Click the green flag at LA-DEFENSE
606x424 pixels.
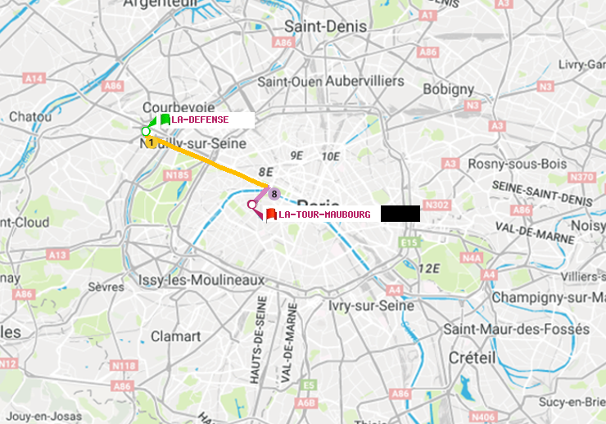point(165,120)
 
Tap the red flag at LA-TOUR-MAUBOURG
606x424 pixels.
point(270,214)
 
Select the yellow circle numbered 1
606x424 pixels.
point(151,142)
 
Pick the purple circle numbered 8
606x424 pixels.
point(274,194)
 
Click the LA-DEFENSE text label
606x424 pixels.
point(200,120)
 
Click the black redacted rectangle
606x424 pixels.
point(400,214)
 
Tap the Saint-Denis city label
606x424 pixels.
point(325,26)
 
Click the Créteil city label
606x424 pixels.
point(472,358)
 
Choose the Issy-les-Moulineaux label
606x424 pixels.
point(201,279)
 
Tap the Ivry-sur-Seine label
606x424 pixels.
point(370,305)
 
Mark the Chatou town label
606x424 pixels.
point(30,117)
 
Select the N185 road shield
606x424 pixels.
point(177,175)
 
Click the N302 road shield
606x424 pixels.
point(437,205)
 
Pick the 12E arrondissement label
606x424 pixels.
point(430,268)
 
